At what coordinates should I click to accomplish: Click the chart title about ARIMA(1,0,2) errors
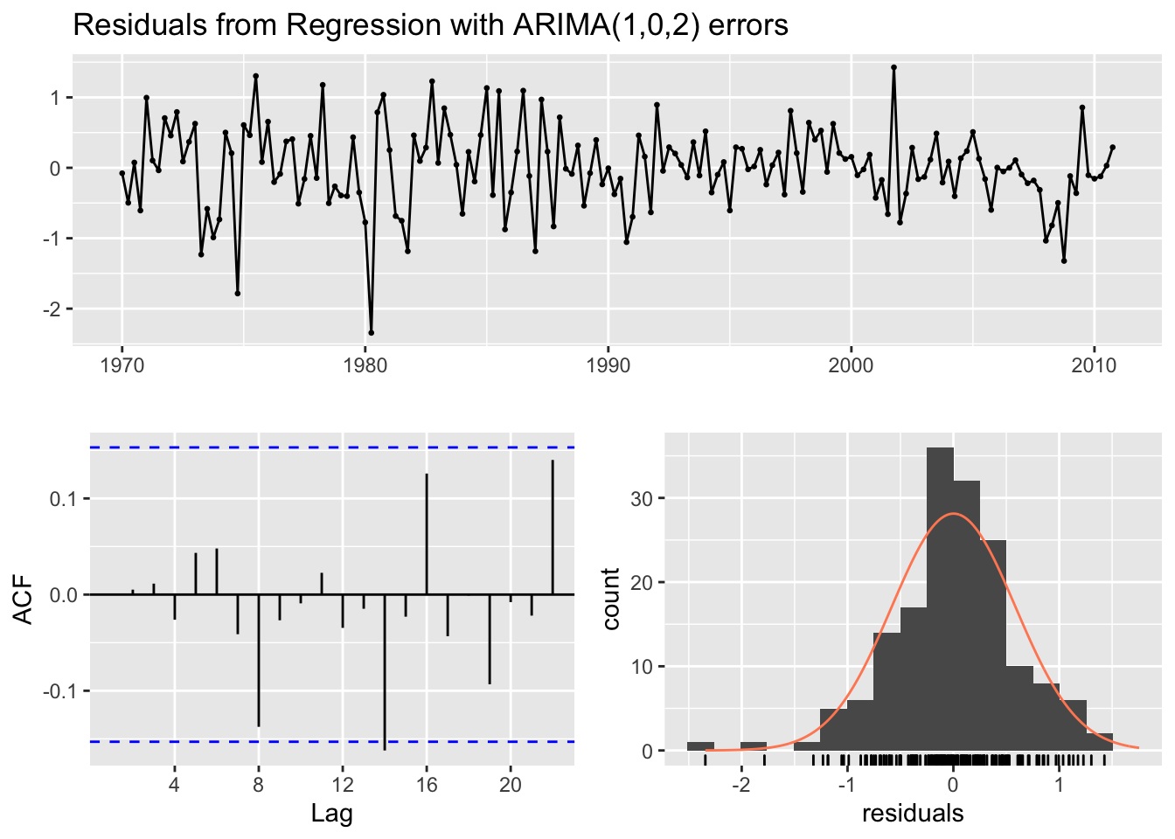[430, 25]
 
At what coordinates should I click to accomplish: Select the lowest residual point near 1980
[371, 332]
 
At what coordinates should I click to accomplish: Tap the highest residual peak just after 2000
[893, 67]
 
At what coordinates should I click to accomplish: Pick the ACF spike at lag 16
[427, 534]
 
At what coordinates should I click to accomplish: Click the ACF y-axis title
[24, 599]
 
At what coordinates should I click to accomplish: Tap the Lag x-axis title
[332, 815]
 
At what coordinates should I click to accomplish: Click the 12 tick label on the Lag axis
[343, 785]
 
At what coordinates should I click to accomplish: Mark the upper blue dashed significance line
[332, 447]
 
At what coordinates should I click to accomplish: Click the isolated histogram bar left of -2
[700, 746]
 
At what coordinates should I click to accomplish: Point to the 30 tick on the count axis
[642, 498]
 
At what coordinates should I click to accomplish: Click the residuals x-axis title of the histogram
[913, 814]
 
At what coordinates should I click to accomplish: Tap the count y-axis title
[610, 599]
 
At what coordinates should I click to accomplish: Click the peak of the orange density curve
[953, 514]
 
